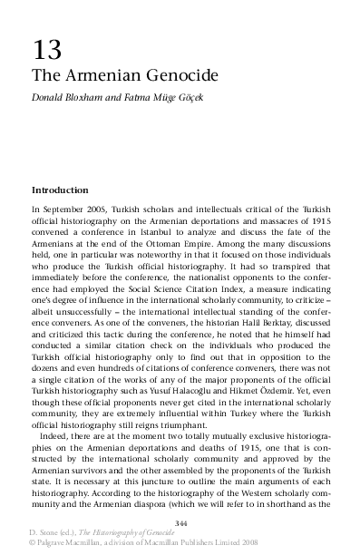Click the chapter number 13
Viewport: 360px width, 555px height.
coord(48,49)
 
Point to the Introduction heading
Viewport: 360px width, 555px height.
coord(60,190)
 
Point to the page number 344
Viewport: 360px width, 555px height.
coord(180,522)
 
